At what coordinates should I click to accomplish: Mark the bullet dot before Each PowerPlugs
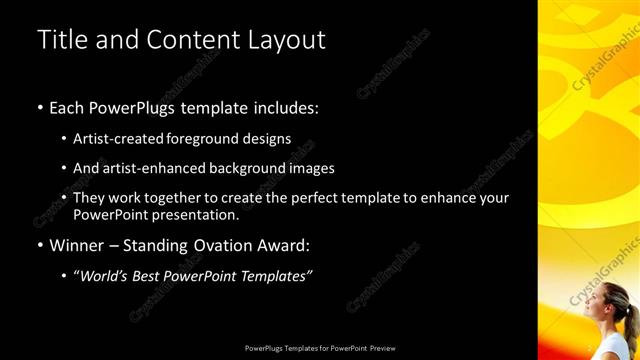click(x=40, y=106)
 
